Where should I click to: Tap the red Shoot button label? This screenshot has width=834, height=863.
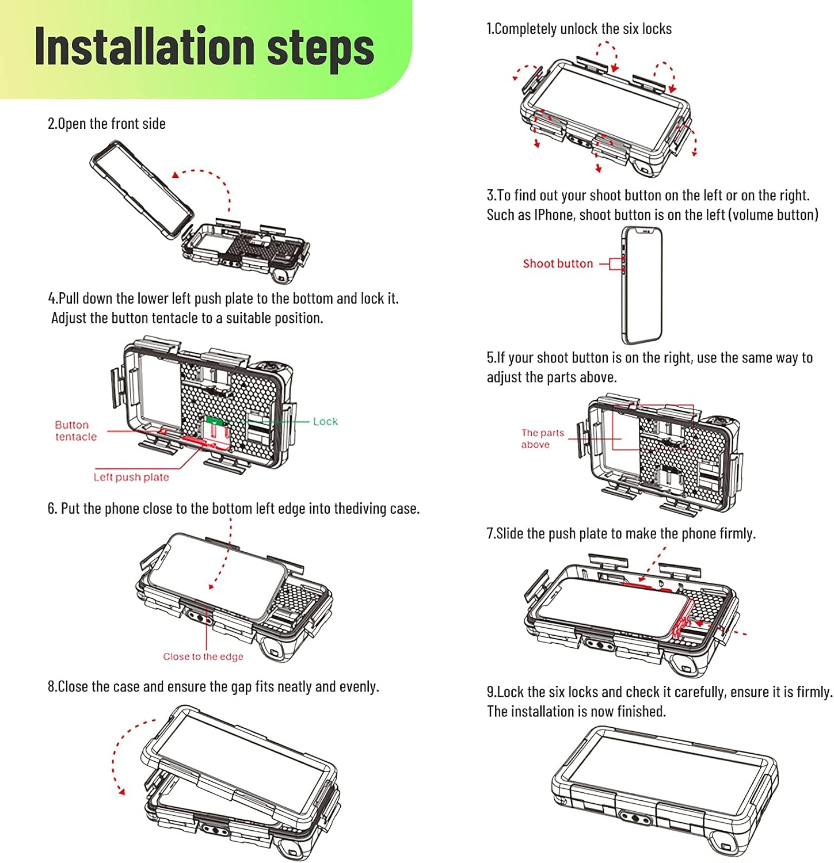(557, 264)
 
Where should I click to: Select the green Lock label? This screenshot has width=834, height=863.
(325, 421)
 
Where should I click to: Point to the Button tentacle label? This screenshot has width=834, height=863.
(75, 431)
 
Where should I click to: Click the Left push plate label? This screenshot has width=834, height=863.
(131, 477)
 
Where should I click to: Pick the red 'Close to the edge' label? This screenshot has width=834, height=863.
(203, 656)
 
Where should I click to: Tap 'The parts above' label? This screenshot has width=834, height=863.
(542, 438)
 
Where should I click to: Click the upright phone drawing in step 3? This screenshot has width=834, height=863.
(642, 286)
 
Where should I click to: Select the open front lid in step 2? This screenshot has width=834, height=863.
(142, 189)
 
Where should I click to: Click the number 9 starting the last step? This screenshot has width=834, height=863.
(491, 692)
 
